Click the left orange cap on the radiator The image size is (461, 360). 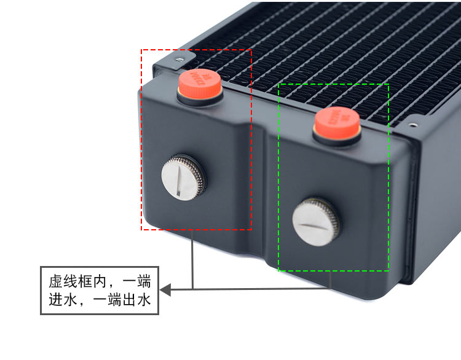(x=200, y=82)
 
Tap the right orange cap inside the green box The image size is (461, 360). (x=337, y=122)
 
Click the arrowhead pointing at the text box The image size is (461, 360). (x=165, y=289)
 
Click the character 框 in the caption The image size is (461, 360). (x=87, y=283)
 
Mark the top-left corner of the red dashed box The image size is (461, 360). (x=142, y=50)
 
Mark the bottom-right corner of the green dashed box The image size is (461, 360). (x=388, y=270)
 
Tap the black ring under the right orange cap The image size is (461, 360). (x=337, y=139)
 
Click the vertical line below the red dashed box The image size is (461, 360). (x=193, y=258)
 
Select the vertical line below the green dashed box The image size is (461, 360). (x=331, y=280)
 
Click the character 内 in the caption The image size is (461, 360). (x=102, y=283)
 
